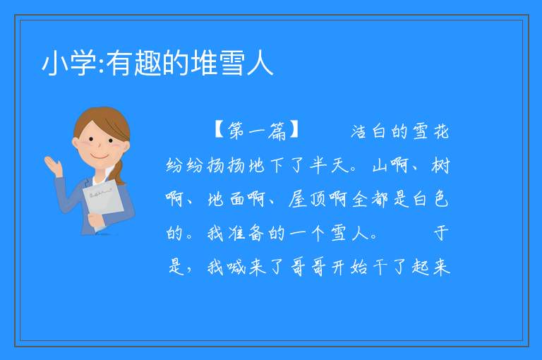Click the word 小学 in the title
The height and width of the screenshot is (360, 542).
pos(69,63)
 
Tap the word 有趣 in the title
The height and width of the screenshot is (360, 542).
pos(133,63)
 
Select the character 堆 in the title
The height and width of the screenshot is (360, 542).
pos(204,63)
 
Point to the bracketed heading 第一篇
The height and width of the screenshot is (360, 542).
pos(256,131)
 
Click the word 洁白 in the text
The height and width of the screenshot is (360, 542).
pos(368,131)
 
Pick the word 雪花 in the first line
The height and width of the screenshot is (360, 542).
pos(431,131)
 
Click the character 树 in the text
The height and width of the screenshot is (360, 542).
pos(440,165)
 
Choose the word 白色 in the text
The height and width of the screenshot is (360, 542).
pos(431,199)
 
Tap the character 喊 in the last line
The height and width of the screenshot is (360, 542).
pos(236,267)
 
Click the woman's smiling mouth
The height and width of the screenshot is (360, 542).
pos(100,157)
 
